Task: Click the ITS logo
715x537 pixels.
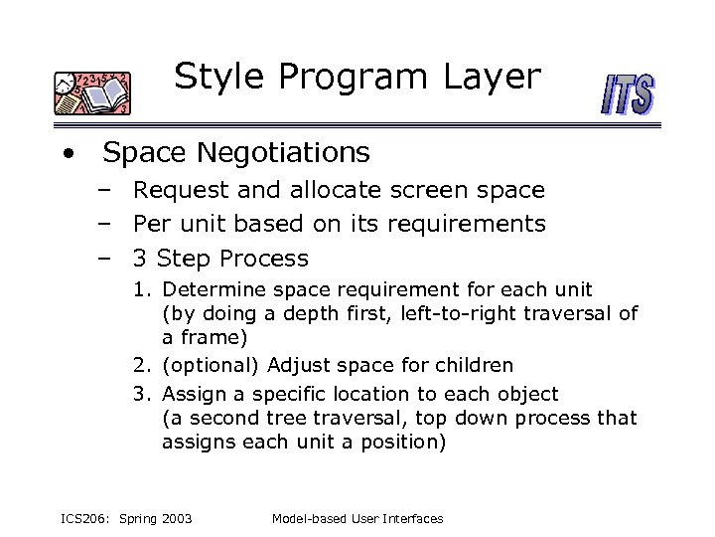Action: pos(628,97)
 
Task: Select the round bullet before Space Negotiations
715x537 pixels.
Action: pos(66,154)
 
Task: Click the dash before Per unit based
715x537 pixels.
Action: pos(103,224)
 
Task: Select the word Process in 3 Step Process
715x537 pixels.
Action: pos(264,260)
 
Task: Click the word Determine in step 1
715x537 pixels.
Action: pos(211,290)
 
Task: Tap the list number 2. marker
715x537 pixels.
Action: pos(142,365)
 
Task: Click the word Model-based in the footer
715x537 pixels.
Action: pos(307,518)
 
